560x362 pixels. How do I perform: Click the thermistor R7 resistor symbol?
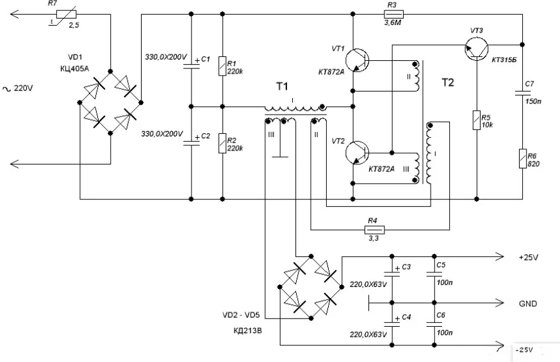[x=58, y=13]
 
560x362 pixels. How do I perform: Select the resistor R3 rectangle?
[x=393, y=13]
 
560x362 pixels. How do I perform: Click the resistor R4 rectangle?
[x=374, y=229]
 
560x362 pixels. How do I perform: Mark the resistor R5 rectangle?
[x=476, y=119]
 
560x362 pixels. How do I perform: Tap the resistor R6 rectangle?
[x=523, y=158]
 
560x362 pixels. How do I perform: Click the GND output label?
[x=527, y=304]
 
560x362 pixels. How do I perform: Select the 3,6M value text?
[x=393, y=23]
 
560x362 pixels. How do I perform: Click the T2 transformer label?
[x=449, y=82]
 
